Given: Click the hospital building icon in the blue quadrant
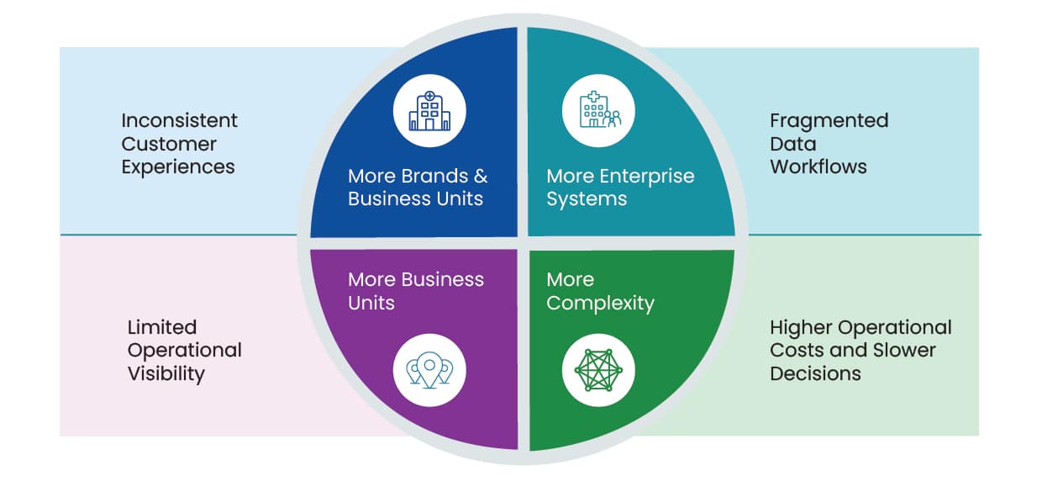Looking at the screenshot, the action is pos(429,111).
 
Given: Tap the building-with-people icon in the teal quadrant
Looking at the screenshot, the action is pos(600,110).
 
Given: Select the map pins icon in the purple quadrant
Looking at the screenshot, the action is pos(429,370).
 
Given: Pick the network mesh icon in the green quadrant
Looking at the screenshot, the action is pos(598,371).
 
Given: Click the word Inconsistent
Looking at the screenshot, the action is pos(179,120).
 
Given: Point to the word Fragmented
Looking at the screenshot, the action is pos(829,121).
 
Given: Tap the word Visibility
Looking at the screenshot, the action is pos(166,373).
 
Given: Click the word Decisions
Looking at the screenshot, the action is pos(815,373).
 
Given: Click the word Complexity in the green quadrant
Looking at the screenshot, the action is pos(600,304).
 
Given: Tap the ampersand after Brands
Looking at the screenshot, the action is pos(481,176).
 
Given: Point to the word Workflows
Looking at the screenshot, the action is pos(818,167).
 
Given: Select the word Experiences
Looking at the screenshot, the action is pos(177,167).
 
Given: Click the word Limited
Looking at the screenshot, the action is pos(162,327).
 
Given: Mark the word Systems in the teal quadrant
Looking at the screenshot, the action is pos(587,199).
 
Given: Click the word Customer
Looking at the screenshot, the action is pos(169,144).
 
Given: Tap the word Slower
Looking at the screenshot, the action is pos(904,351).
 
